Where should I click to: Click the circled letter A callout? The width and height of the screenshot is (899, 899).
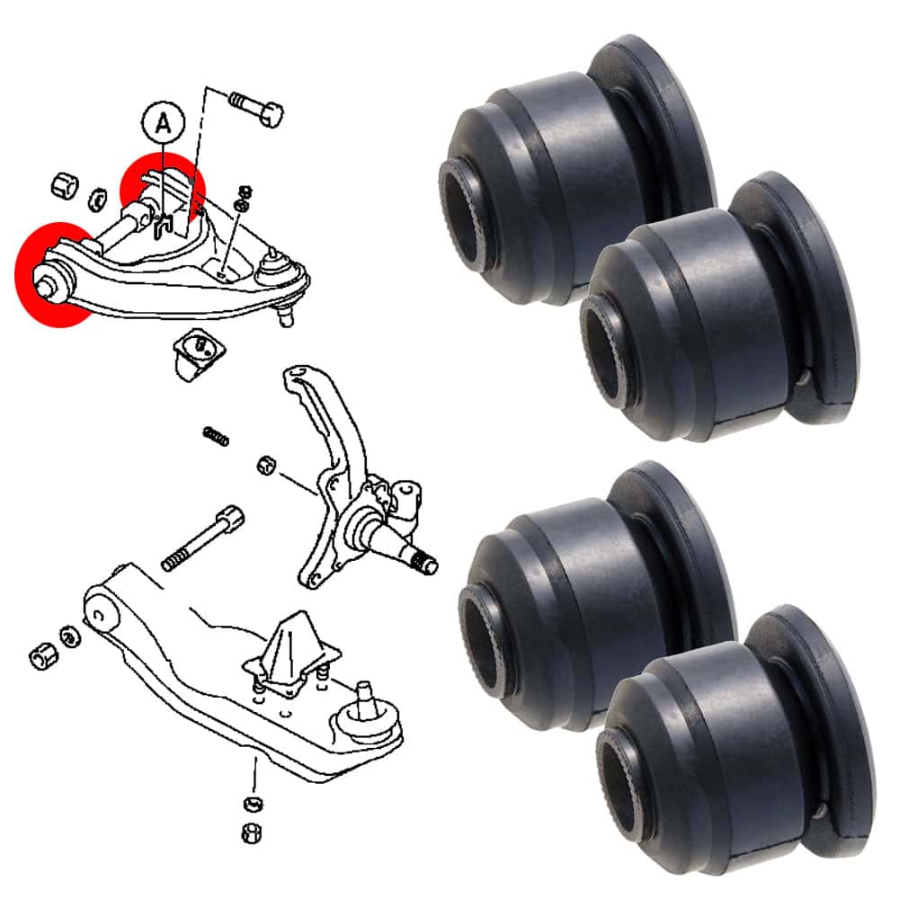tap(164, 122)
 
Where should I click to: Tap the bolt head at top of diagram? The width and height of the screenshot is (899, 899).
tap(271, 113)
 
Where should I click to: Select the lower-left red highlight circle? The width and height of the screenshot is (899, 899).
tap(56, 274)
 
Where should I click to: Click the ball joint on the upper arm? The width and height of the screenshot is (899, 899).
tap(274, 267)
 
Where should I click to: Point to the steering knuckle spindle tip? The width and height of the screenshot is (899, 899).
tap(428, 563)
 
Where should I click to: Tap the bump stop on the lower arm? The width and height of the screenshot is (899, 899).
tap(291, 654)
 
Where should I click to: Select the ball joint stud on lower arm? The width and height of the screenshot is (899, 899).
tap(363, 699)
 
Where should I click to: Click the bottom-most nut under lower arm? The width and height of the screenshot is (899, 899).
tap(252, 832)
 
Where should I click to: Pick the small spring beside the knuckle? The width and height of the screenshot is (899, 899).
tap(216, 436)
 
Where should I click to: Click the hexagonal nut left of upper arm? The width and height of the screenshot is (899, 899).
tap(65, 184)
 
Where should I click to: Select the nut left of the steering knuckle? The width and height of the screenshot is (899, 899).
tap(266, 465)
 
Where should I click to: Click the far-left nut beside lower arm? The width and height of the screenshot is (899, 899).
tap(43, 656)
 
